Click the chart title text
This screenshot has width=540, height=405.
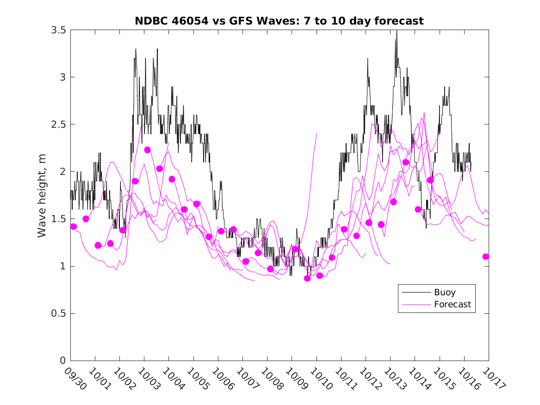pos(279,21)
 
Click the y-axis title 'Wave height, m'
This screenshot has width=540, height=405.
pos(42,195)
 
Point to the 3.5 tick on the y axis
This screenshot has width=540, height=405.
pos(59,30)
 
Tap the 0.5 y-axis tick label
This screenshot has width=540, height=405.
pos(59,314)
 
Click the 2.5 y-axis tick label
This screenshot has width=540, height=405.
pos(59,125)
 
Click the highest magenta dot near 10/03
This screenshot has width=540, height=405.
pos(148,150)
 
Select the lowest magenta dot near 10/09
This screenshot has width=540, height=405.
pos(307,278)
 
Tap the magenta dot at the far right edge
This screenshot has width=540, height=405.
pos(485,256)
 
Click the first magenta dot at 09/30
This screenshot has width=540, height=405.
pos(74,226)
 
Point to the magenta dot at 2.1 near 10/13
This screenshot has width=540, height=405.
pos(406,162)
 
